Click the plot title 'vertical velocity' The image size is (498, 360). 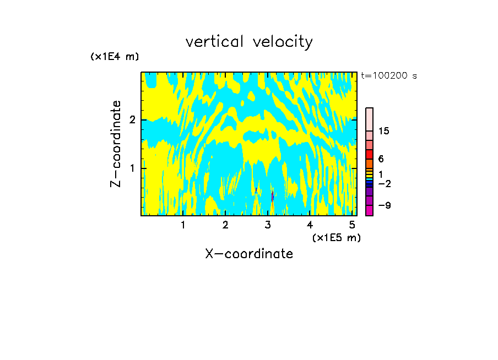pyautogui.click(x=249, y=42)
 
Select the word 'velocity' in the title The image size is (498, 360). pyautogui.click(x=284, y=42)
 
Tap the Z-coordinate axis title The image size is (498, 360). pyautogui.click(x=116, y=144)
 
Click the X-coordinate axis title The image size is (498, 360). pyautogui.click(x=249, y=254)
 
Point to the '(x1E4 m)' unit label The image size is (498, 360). pyautogui.click(x=115, y=57)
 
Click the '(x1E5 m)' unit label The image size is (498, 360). pyautogui.click(x=336, y=237)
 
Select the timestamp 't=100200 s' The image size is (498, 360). pyautogui.click(x=388, y=76)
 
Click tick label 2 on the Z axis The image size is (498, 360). pyautogui.click(x=132, y=120)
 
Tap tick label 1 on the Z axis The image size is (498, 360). pyautogui.click(x=132, y=168)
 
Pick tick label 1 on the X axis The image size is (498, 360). pyautogui.click(x=183, y=225)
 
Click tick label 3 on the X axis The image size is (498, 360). pyautogui.click(x=268, y=225)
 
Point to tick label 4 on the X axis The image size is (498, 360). pyautogui.click(x=310, y=225)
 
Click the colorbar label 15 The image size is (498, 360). pyautogui.click(x=384, y=131)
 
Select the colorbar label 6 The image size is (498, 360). pyautogui.click(x=381, y=159)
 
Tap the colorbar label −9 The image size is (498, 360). pyautogui.click(x=384, y=205)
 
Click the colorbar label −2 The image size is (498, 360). pyautogui.click(x=384, y=183)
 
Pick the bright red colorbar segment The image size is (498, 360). pyautogui.click(x=370, y=155)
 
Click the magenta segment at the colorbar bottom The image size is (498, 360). pyautogui.click(x=370, y=210)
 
